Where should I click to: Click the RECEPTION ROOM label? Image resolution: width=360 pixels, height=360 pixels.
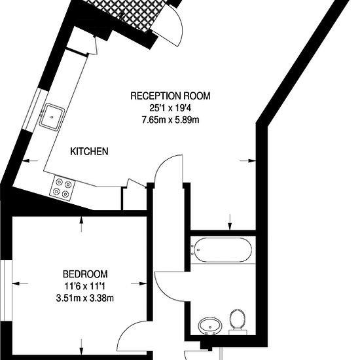click(170, 96)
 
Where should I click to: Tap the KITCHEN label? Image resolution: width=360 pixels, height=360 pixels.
click(89, 152)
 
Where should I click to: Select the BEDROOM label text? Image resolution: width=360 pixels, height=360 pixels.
click(85, 274)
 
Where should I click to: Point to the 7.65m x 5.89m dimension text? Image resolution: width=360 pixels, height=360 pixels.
click(170, 120)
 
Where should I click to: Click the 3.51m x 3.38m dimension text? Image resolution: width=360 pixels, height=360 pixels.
click(85, 298)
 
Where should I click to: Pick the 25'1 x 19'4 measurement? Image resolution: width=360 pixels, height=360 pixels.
click(170, 108)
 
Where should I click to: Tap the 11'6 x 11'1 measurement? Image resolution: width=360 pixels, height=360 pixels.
click(85, 286)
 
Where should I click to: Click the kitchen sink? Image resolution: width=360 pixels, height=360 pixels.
click(52, 117)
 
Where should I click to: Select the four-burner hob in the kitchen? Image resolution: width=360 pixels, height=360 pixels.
click(62, 189)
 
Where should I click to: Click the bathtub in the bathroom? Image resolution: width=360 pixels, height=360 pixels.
click(221, 250)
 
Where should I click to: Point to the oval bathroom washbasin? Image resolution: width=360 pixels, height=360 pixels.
click(210, 326)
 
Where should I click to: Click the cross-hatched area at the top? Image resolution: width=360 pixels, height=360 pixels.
click(128, 14)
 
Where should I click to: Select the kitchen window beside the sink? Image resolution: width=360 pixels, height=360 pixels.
click(35, 110)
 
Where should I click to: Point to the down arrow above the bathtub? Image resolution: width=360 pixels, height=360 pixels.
click(230, 222)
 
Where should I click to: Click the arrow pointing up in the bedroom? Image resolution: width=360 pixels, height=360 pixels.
click(82, 225)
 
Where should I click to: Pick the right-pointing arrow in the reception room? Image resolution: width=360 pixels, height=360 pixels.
click(247, 161)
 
